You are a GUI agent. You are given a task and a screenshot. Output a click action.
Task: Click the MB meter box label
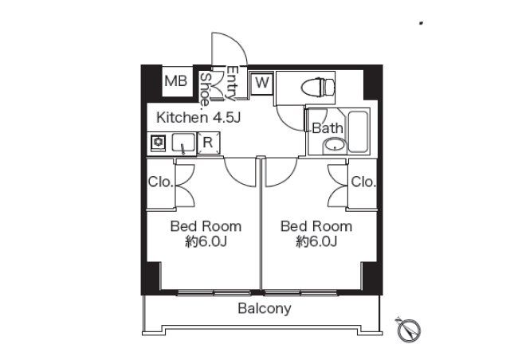[175, 81]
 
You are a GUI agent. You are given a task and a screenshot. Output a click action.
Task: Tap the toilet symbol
[318, 88]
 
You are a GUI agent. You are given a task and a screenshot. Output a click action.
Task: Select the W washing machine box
[262, 84]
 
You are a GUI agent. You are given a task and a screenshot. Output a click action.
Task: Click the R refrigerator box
[208, 143]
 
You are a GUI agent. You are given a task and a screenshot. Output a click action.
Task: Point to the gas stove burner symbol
[159, 142]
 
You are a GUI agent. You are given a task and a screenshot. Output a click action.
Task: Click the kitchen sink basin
[183, 142]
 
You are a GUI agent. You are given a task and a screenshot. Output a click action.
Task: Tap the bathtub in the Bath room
[358, 131]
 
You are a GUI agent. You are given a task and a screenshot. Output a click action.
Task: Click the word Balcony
[264, 308]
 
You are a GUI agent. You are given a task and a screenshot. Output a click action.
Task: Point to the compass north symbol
[409, 330]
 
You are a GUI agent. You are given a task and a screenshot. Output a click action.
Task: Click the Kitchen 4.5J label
[198, 118]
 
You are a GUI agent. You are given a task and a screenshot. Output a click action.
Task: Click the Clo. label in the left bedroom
[160, 182]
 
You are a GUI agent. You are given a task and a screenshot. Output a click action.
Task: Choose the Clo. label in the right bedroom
[363, 182]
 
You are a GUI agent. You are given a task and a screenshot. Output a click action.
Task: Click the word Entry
[232, 84]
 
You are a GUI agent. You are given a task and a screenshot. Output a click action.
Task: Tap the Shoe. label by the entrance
[205, 90]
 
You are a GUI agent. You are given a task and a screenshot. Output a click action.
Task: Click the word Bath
[328, 128]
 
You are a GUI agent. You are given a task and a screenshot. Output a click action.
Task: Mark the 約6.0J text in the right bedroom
[316, 241]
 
